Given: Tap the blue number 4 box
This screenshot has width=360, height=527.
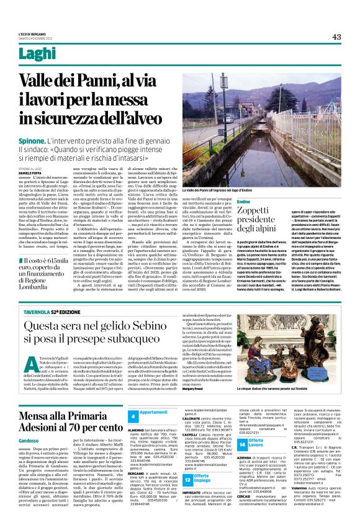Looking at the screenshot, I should [x=133, y=414].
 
